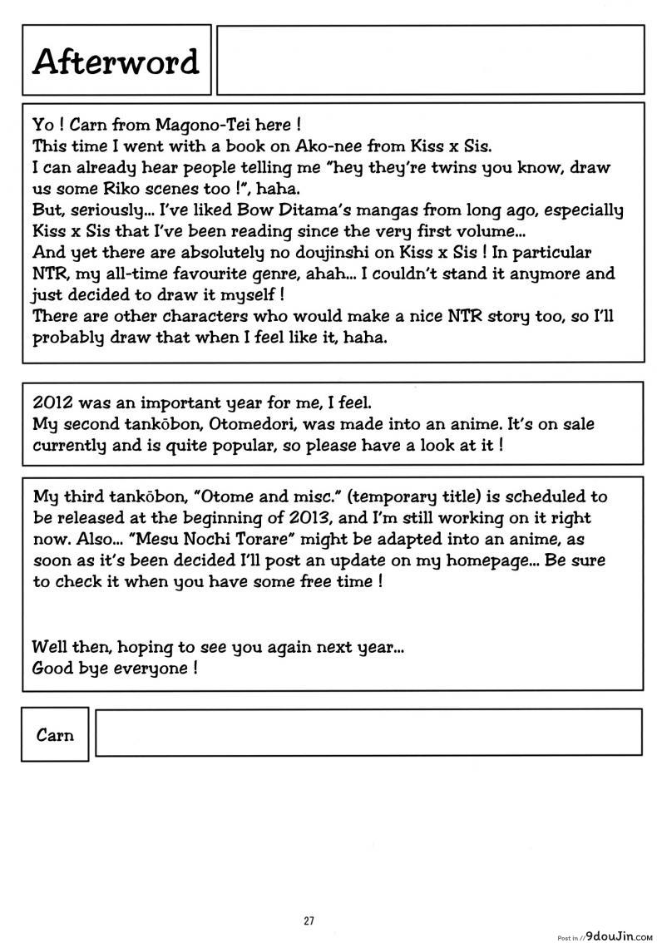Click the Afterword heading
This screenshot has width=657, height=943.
tap(116, 62)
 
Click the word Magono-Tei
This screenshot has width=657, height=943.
tap(185, 125)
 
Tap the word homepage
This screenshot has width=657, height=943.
tap(469, 560)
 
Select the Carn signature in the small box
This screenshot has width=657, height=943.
tap(55, 734)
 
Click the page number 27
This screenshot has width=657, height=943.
tap(309, 920)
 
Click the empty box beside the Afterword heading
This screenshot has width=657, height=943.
tap(430, 59)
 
